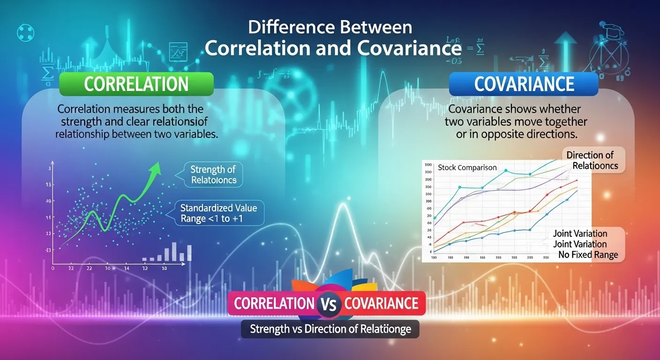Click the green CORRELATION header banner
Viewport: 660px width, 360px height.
[x=136, y=84]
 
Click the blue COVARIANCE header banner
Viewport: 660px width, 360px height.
[x=524, y=84]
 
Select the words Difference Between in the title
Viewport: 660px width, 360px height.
[x=330, y=27]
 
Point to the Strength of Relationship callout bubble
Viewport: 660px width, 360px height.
[x=213, y=174]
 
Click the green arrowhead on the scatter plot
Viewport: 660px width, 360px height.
[x=154, y=169]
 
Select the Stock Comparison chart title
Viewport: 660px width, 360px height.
[x=467, y=167]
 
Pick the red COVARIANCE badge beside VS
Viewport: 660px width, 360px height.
[x=381, y=303]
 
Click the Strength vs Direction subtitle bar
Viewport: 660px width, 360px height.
[x=330, y=329]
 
